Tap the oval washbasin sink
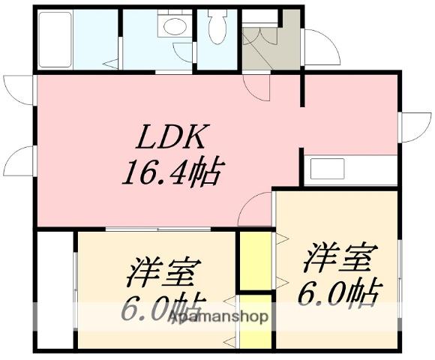(x=173, y=28)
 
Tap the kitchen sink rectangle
(x=327, y=169)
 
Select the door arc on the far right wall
(x=415, y=126)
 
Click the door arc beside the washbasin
(x=184, y=52)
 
